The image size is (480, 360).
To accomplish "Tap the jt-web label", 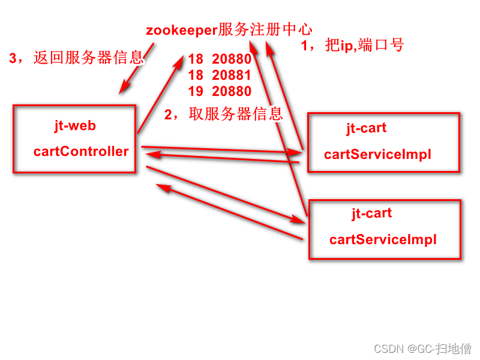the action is [x=74, y=126].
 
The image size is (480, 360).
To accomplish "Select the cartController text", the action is [x=81, y=151].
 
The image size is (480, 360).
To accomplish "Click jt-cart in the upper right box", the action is [x=366, y=128].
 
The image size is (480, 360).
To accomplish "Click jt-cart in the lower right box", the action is [x=371, y=213].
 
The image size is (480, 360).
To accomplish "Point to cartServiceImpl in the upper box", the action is [x=377, y=154].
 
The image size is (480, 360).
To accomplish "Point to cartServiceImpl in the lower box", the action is [x=383, y=240].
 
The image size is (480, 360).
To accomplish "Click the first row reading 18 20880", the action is [x=220, y=59].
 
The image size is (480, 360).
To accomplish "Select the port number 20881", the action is [x=232, y=76].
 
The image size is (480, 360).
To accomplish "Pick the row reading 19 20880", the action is [x=220, y=91].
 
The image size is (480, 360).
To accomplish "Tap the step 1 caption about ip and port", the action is [x=352, y=45].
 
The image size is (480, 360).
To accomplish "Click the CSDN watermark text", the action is [x=388, y=349].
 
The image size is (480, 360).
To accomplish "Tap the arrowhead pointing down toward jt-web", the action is [x=124, y=89].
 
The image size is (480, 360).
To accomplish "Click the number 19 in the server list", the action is [x=196, y=91].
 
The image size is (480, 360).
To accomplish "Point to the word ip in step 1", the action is [x=348, y=46].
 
